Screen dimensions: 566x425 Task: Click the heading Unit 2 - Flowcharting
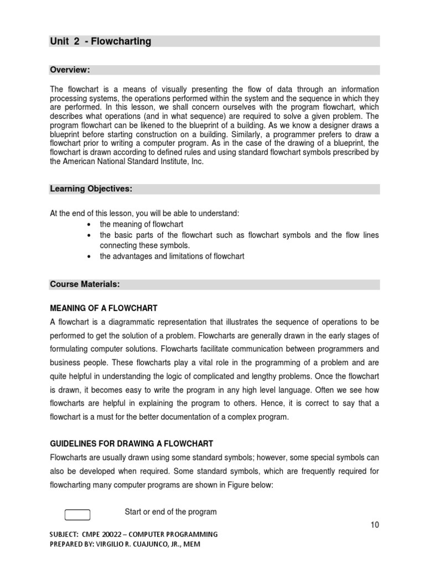(x=101, y=41)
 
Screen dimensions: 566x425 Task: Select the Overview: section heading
(x=70, y=70)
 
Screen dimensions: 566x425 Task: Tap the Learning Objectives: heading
(x=91, y=189)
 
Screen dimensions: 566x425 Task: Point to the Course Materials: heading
(x=85, y=284)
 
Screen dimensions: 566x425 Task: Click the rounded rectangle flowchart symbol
(x=77, y=515)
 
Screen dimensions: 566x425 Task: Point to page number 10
(x=375, y=525)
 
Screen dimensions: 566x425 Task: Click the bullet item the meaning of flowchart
(x=141, y=224)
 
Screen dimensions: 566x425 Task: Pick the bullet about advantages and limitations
(x=172, y=256)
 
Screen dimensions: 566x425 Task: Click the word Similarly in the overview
(x=251, y=135)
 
